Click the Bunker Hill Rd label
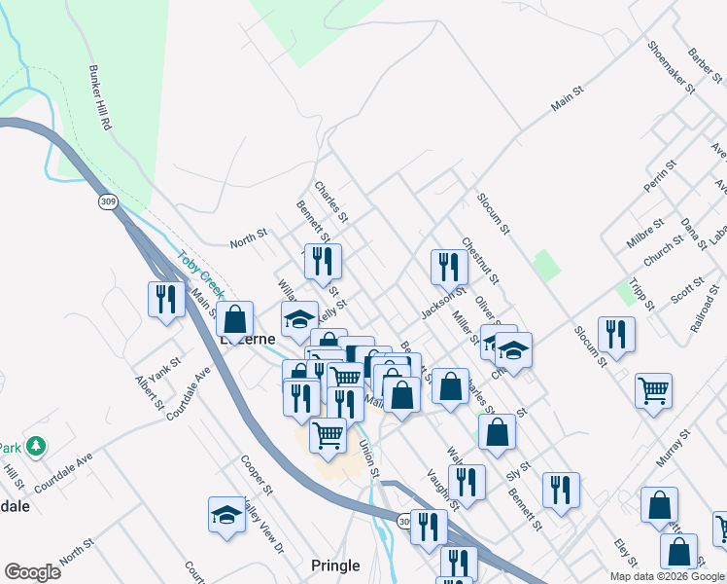pyautogui.click(x=101, y=99)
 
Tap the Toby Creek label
pyautogui.click(x=200, y=275)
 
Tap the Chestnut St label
pyautogui.click(x=480, y=260)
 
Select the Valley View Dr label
pyautogui.click(x=263, y=531)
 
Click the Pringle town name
pyautogui.click(x=335, y=566)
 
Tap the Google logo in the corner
pyautogui.click(x=32, y=572)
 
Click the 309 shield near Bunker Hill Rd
pyautogui.click(x=106, y=201)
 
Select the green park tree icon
pyautogui.click(x=37, y=446)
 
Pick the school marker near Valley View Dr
pyautogui.click(x=227, y=515)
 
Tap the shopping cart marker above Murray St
pyautogui.click(x=654, y=389)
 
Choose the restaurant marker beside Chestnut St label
pyautogui.click(x=448, y=266)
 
